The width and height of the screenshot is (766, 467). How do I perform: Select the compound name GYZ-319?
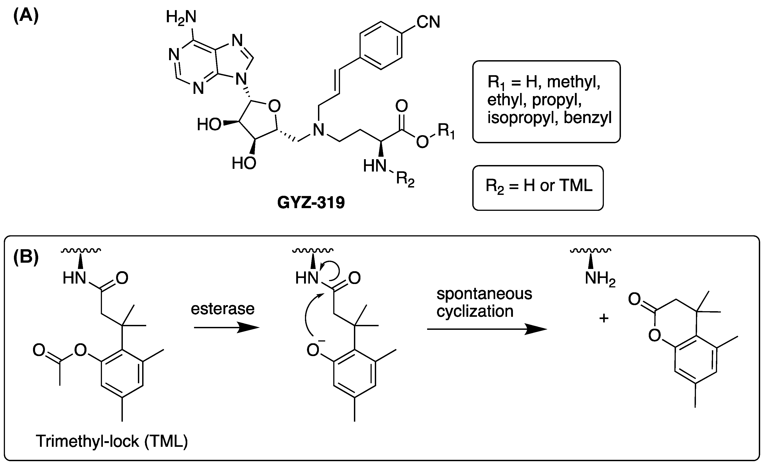(311, 203)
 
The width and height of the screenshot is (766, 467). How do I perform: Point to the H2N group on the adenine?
(181, 17)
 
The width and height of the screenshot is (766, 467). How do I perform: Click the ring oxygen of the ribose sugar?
(274, 106)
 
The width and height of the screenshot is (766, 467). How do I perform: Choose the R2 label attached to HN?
(405, 180)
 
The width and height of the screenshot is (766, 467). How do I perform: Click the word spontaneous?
(484, 294)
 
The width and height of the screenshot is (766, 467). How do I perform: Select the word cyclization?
(475, 311)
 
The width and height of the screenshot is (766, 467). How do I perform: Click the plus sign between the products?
(604, 318)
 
